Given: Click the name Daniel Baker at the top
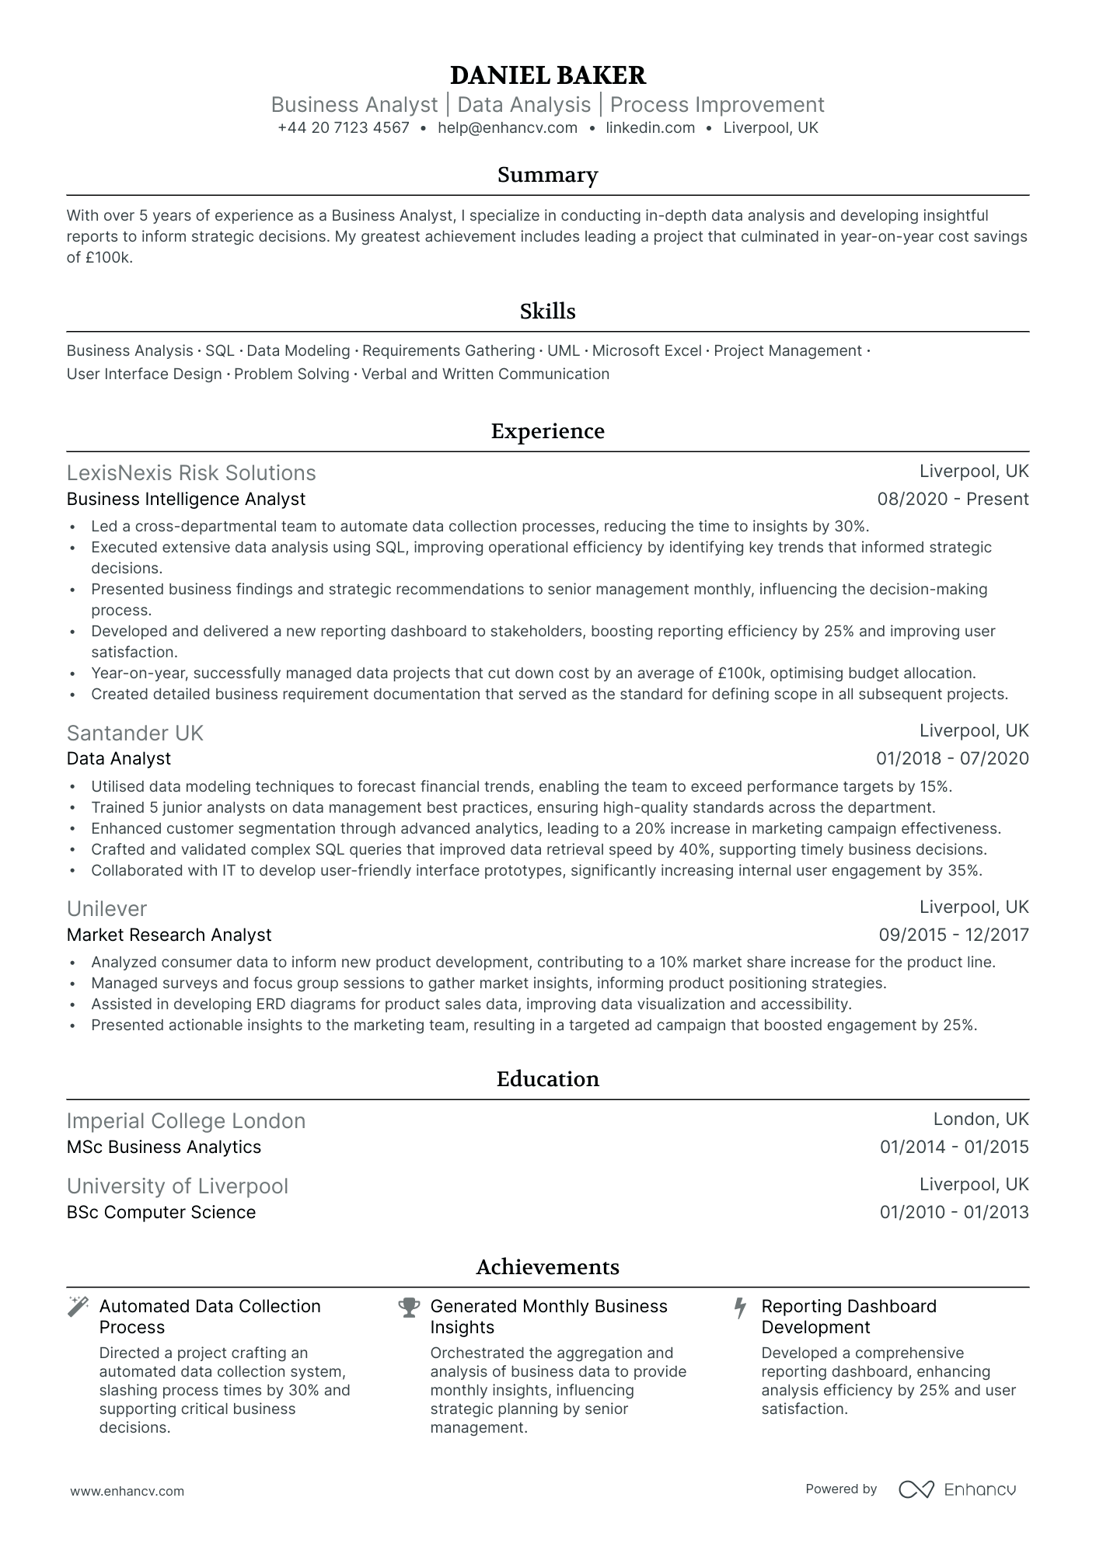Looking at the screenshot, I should (x=547, y=75).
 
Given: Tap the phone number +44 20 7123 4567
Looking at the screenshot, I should (x=343, y=128).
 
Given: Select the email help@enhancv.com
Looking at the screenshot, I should (x=507, y=128).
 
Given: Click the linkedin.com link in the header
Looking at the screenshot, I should (x=650, y=128).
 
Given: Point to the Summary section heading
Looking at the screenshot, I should (x=547, y=175).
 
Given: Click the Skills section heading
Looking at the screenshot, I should (x=547, y=312).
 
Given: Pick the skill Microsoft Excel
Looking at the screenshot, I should (x=647, y=351).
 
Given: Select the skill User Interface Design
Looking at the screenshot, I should (x=144, y=374).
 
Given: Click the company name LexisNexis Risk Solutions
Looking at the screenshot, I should (x=191, y=473).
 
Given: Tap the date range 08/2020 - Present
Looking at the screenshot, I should (x=952, y=500).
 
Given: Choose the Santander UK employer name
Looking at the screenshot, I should (x=134, y=733).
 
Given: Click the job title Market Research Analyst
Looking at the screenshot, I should (x=169, y=935).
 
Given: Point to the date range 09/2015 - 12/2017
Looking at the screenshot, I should (x=953, y=935).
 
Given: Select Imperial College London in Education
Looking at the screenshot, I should (x=186, y=1121).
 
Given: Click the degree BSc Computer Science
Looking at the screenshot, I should (x=161, y=1213).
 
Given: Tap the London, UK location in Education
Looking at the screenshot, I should (x=980, y=1120).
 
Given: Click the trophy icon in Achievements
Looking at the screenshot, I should (x=409, y=1308).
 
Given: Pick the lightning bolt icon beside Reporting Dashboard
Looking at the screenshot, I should (x=740, y=1308).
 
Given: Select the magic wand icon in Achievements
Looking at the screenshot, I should (x=78, y=1307).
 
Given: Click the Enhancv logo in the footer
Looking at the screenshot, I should (x=957, y=1489).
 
